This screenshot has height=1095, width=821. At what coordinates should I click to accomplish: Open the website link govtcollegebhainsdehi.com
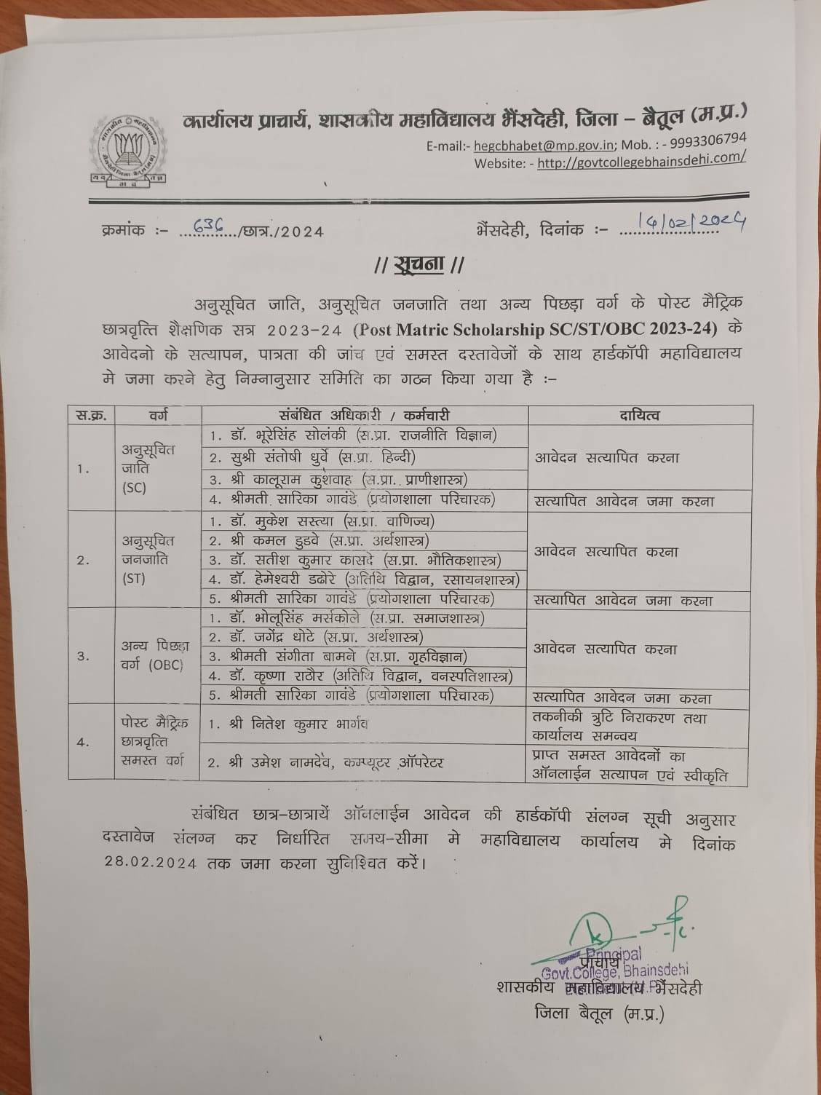coord(641,160)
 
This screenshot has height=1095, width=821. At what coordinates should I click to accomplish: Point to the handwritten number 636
coord(210,227)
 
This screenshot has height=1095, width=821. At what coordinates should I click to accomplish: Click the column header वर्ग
coord(158,416)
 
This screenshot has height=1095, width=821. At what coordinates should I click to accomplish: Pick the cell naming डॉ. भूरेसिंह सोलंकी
coord(353,436)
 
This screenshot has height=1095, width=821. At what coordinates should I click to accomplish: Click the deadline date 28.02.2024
coord(151,863)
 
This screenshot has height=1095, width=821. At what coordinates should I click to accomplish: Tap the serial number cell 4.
coord(83,743)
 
